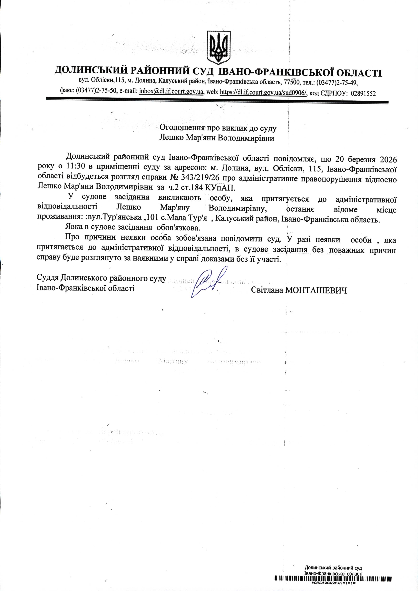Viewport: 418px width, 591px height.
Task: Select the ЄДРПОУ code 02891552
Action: pos(363,94)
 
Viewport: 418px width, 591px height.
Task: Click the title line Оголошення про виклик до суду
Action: pos(218,128)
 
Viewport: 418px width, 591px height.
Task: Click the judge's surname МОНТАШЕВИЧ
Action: pos(316,290)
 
